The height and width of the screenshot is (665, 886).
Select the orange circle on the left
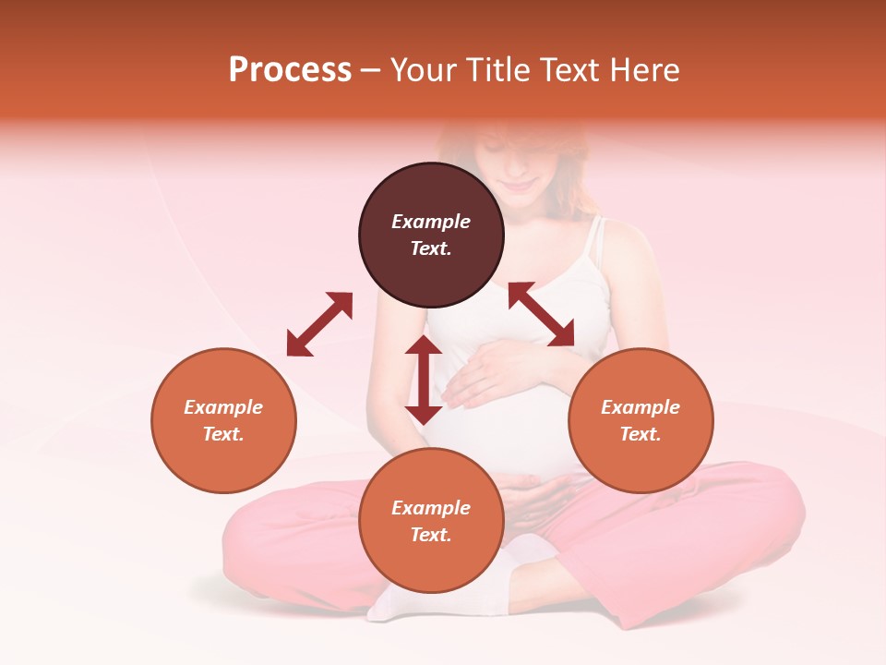(x=223, y=420)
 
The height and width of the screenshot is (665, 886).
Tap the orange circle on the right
(x=641, y=420)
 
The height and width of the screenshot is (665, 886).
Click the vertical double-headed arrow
(x=424, y=380)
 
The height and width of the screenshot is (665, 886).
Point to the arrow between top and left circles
(x=319, y=323)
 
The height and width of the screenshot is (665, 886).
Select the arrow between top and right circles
(x=541, y=314)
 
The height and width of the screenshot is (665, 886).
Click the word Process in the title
(x=290, y=70)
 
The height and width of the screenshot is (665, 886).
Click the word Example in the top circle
(x=431, y=222)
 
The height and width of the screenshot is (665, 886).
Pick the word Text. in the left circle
(x=223, y=434)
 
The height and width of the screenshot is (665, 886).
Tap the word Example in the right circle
(x=641, y=407)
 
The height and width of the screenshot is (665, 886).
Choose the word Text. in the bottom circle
(x=431, y=535)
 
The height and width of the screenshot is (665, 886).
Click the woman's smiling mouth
(x=520, y=185)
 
